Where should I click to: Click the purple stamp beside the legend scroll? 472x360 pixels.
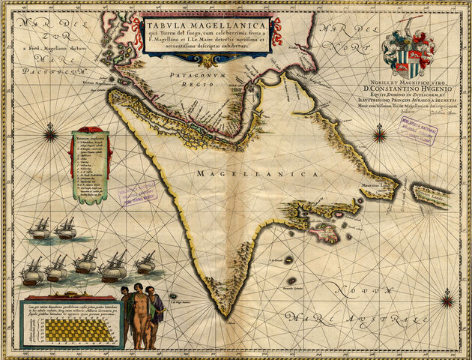point(137,193)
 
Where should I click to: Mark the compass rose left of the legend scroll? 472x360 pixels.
point(51,136)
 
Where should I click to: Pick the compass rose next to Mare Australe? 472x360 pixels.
point(447,301)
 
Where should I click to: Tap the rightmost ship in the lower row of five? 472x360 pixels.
point(145,264)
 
